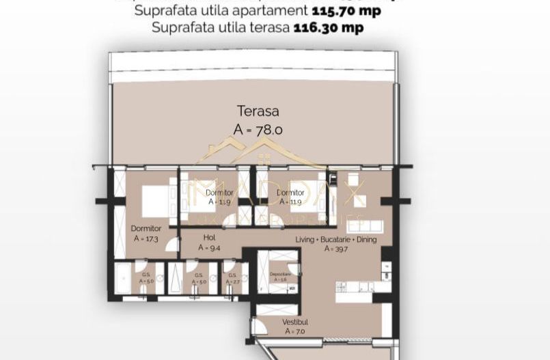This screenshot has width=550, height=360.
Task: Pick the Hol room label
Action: pyautogui.click(x=209, y=238)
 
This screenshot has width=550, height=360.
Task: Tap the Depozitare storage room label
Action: pyautogui.click(x=281, y=275)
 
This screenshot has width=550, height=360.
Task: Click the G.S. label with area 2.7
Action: pyautogui.click(x=232, y=275)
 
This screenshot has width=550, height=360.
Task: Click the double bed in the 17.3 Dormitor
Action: pyautogui.click(x=159, y=202)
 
